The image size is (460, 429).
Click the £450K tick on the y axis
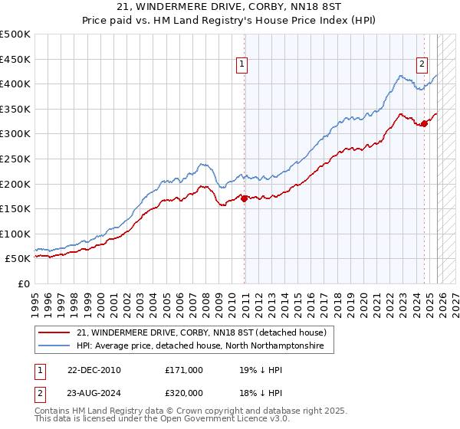(15, 59)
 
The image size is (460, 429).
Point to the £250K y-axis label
(15, 159)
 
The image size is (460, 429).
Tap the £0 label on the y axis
(25, 283)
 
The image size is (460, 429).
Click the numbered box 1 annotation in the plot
(242, 65)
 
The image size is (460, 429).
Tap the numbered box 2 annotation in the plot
(422, 65)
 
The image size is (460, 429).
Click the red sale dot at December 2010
(245, 198)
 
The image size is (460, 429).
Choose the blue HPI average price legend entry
(200, 346)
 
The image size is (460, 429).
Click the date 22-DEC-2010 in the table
(94, 369)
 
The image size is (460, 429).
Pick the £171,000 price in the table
(184, 369)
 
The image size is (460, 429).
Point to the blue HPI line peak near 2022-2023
(400, 75)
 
